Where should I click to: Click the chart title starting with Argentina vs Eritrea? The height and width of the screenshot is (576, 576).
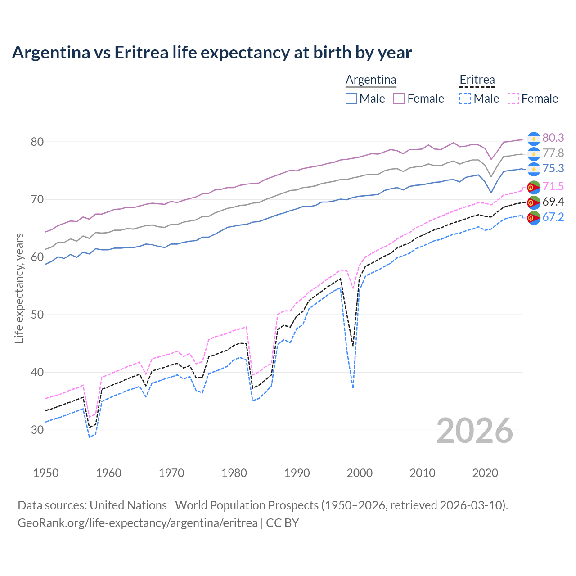[211, 53]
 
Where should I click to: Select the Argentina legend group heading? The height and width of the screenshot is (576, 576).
[371, 80]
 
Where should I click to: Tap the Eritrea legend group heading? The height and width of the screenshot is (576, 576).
[477, 80]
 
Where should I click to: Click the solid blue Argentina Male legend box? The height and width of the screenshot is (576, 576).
[351, 99]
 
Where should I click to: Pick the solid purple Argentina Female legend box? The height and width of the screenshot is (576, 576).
[399, 99]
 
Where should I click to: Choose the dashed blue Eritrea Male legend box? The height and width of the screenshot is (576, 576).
[465, 99]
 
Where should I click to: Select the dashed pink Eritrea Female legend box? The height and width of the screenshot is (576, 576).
[513, 99]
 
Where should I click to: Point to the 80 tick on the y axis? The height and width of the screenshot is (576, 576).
[37, 142]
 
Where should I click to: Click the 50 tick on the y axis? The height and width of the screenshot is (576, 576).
[37, 315]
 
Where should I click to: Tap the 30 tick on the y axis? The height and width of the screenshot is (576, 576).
[37, 430]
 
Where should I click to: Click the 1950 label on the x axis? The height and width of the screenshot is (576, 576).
[46, 473]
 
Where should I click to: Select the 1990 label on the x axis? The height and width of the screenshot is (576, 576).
[297, 473]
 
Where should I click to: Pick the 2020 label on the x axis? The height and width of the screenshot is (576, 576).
[485, 473]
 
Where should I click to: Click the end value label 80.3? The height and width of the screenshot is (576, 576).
[553, 138]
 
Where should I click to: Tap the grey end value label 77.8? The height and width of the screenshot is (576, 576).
[553, 153]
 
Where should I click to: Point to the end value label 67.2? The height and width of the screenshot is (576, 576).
[553, 217]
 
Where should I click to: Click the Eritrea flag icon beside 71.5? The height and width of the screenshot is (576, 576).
[534, 187]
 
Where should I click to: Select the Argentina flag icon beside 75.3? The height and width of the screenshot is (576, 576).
[534, 169]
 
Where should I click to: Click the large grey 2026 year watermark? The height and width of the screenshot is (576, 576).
[474, 431]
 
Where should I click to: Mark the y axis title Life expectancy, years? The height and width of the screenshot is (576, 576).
[19, 288]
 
